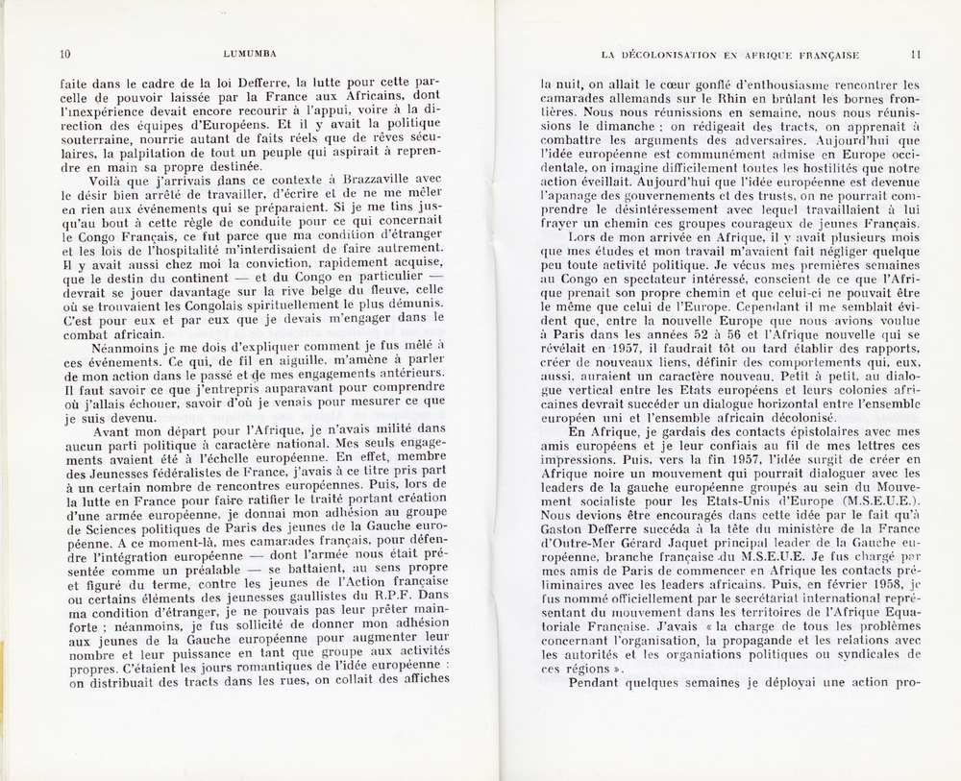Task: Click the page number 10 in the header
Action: (x=65, y=54)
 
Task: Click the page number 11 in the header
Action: (x=915, y=55)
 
